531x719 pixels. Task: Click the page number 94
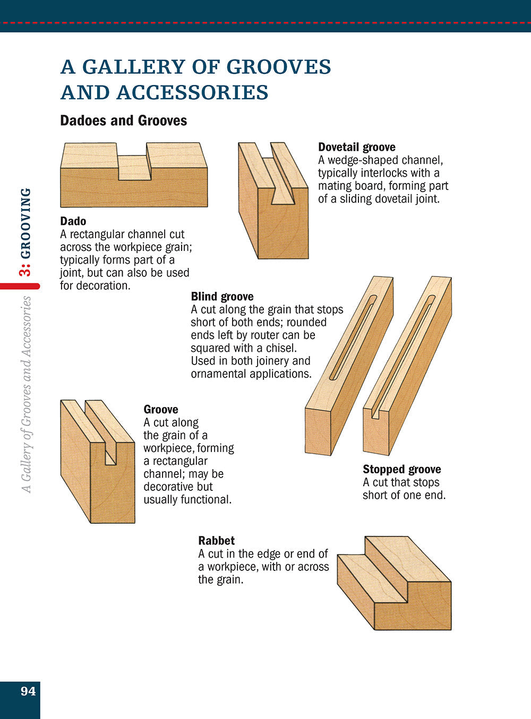coord(28,691)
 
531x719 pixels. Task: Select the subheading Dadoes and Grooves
coord(123,120)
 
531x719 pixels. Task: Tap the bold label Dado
coord(73,221)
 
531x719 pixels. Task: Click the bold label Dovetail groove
coord(356,147)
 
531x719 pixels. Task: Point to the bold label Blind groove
coord(222,297)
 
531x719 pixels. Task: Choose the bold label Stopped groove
coord(401,469)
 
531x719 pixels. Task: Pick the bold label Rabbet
coord(216,541)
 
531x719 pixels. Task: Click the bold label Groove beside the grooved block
coord(160,409)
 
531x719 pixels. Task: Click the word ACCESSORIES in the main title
coord(192,92)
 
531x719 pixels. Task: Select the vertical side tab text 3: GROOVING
coord(25,231)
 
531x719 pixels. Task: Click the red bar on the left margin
coord(20,286)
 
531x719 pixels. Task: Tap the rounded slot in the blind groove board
coord(353,337)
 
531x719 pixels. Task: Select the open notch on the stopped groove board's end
coord(375,411)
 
